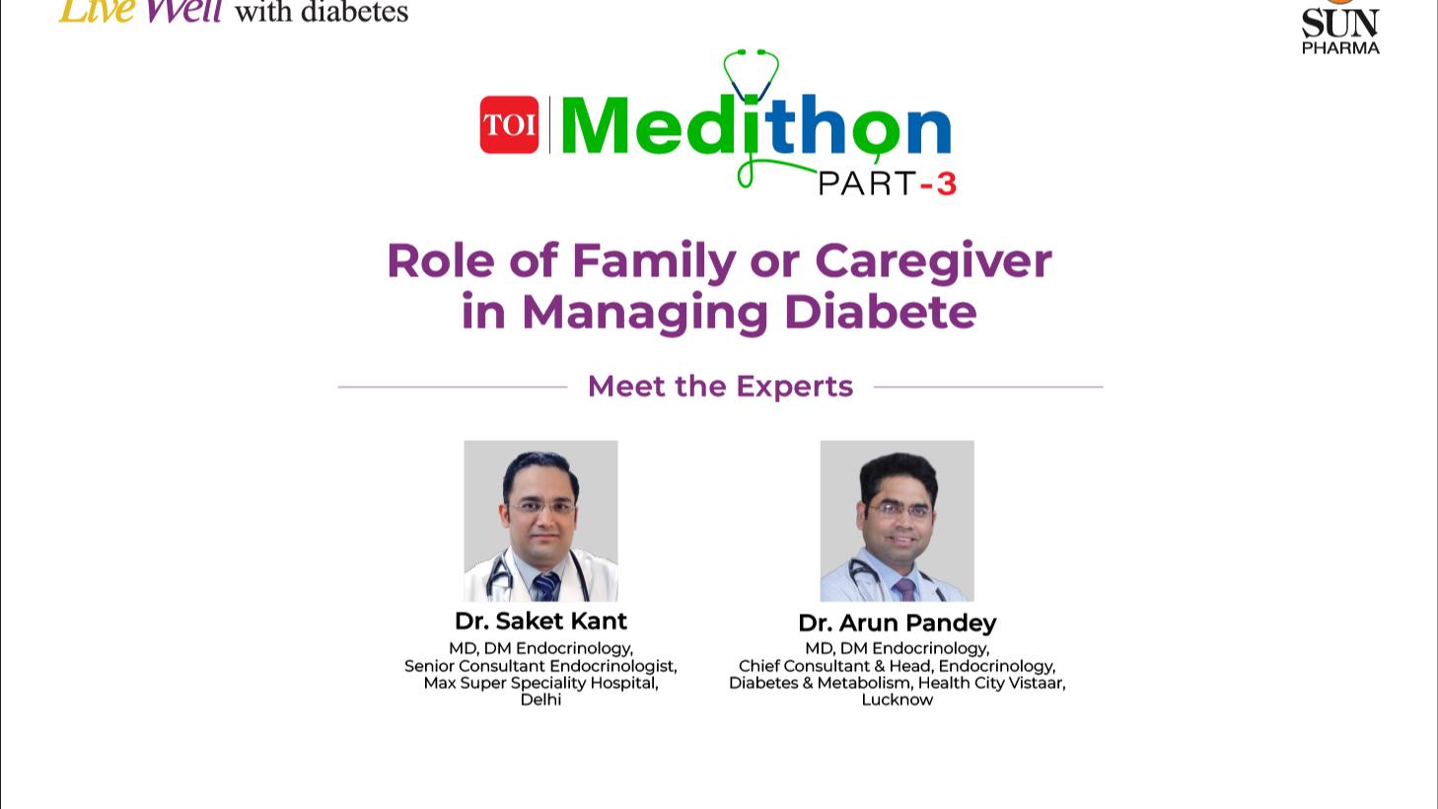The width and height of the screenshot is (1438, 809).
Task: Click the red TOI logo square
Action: (509, 124)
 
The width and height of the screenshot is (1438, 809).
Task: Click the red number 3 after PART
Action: (946, 184)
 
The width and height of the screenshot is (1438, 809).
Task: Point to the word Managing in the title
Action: (644, 313)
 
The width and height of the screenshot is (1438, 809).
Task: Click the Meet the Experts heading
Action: (720, 387)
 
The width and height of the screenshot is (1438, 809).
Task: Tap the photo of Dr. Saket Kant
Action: (540, 521)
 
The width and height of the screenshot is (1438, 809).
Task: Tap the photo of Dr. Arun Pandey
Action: (897, 521)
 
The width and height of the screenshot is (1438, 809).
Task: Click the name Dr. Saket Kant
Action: (540, 621)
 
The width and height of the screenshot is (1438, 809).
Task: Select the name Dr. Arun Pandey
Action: (898, 623)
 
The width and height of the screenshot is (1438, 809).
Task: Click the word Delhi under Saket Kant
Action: (540, 699)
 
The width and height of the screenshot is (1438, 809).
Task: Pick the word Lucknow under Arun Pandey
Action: (897, 699)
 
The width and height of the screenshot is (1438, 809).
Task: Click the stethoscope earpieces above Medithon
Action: (752, 52)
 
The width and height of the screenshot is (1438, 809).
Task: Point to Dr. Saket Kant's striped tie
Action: (545, 587)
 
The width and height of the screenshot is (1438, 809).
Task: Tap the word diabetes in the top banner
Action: (354, 12)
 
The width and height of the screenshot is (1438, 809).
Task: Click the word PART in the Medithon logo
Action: (867, 184)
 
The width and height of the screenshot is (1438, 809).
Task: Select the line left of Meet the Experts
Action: (453, 387)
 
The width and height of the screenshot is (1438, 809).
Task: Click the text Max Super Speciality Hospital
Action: (540, 683)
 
